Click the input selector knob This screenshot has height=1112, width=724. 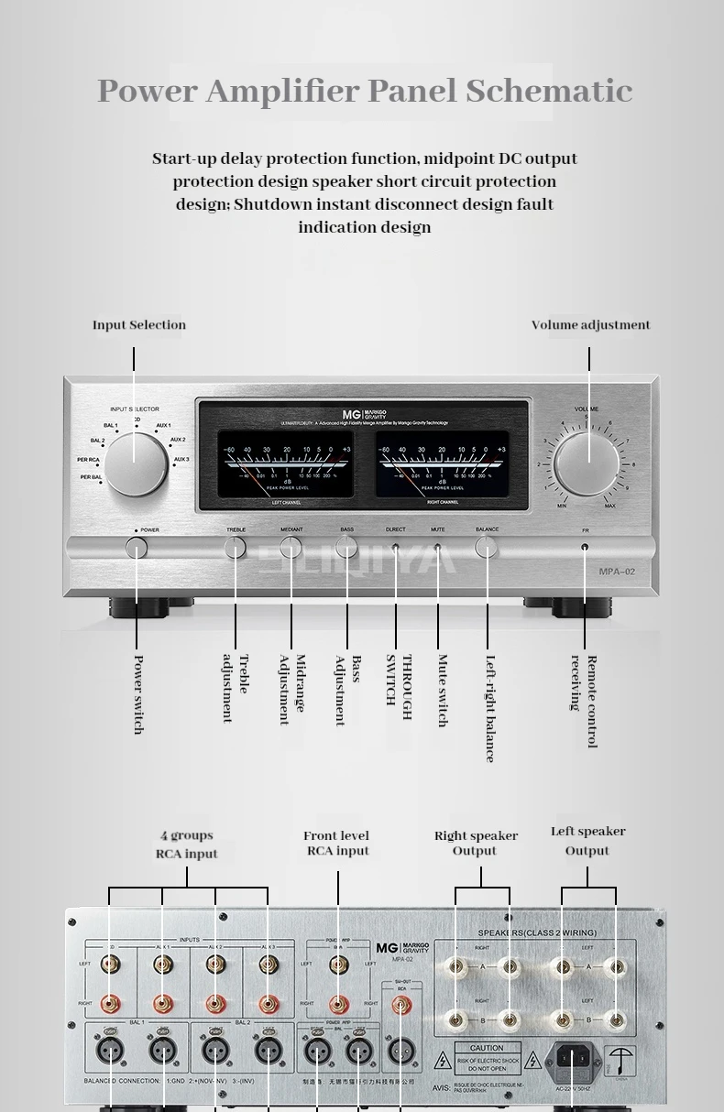tap(136, 464)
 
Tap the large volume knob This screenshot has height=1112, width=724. tap(587, 463)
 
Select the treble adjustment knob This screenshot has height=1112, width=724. tap(236, 548)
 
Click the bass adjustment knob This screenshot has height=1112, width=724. tap(346, 548)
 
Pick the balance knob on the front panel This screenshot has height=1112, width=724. tap(487, 548)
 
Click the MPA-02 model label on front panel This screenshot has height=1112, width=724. tap(617, 572)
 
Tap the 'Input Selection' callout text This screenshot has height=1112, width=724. tap(138, 325)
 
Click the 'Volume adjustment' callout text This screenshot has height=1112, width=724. tap(590, 325)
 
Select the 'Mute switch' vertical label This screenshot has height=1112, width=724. tap(442, 690)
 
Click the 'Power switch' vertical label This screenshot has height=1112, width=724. tap(138, 693)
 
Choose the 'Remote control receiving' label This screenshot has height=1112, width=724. tap(584, 701)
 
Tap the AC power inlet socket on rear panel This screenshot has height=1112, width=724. tap(570, 1058)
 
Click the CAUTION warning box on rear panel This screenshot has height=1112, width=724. tap(487, 1058)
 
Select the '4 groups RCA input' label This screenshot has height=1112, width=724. tap(187, 845)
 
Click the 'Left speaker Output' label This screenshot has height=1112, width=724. tap(587, 841)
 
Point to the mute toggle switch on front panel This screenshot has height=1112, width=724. tap(437, 550)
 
